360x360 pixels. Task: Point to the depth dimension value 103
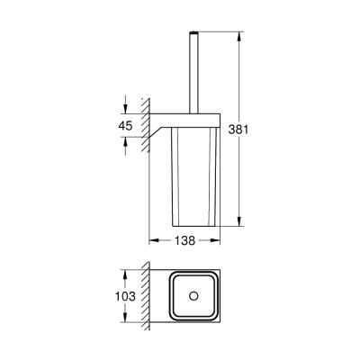[130, 295]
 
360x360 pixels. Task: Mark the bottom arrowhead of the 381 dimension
[238, 220]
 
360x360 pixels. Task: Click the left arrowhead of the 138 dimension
[153, 240]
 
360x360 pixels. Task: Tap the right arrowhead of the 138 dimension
[218, 240]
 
